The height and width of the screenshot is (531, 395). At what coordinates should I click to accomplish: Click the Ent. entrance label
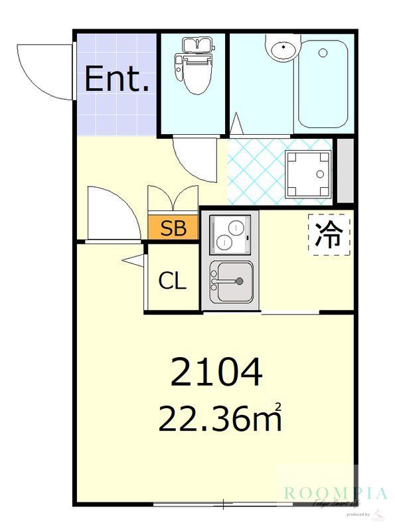(x=117, y=80)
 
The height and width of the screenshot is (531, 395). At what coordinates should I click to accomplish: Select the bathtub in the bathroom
(x=323, y=84)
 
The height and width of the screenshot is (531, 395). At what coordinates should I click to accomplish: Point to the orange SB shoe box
(x=173, y=229)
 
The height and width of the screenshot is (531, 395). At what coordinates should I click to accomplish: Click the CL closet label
(x=172, y=281)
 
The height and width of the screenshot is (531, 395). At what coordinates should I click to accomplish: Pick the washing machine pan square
(x=308, y=175)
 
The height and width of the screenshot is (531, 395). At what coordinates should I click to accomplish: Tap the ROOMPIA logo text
(x=335, y=493)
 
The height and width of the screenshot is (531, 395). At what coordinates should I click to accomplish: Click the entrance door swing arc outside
(x=44, y=70)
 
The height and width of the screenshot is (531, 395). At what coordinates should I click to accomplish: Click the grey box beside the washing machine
(x=345, y=171)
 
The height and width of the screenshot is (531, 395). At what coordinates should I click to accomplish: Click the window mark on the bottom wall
(x=224, y=504)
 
